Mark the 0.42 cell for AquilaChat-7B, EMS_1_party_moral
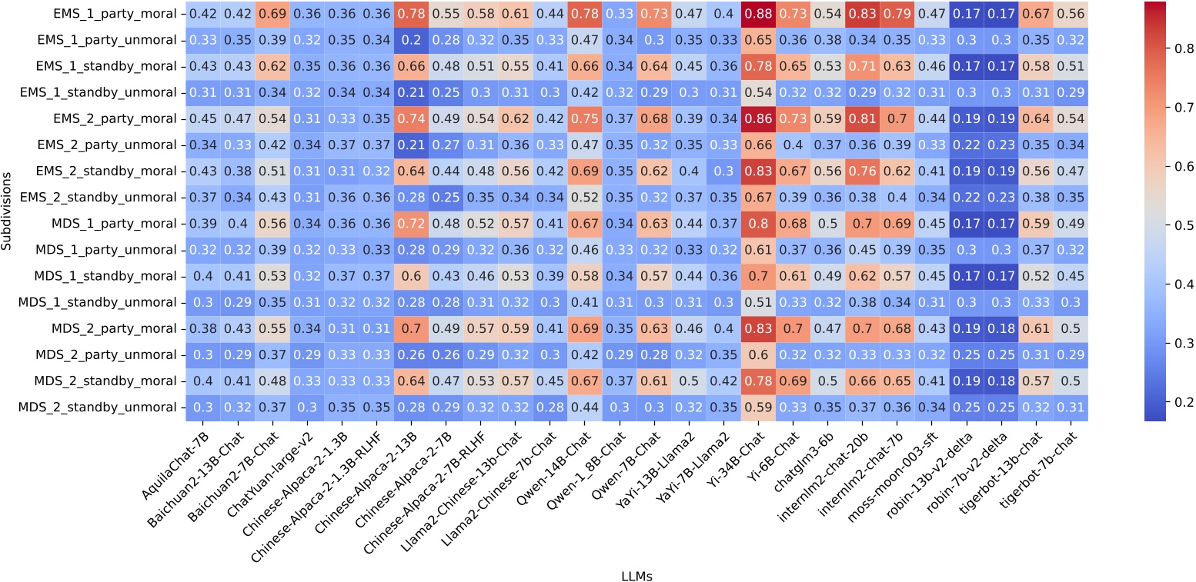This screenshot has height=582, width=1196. [x=202, y=14]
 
